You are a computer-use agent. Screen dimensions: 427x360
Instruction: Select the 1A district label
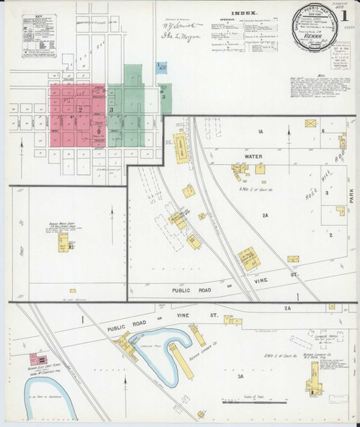pos(261,130)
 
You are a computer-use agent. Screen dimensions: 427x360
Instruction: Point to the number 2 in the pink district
pos(81,109)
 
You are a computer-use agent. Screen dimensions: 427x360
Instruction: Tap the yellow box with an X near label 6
pos(310,125)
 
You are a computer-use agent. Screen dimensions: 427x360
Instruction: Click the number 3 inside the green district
pos(110,109)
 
